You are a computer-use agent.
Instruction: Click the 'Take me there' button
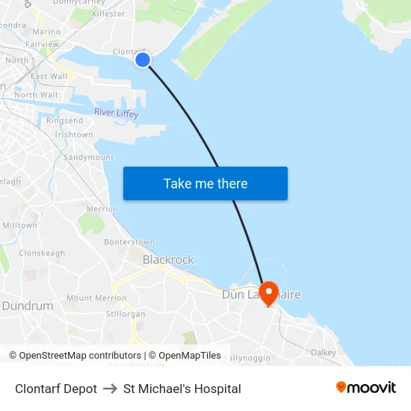[205, 183]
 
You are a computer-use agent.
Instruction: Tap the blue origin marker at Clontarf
[143, 60]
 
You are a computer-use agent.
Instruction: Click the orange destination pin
[268, 291]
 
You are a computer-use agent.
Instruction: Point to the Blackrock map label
[168, 259]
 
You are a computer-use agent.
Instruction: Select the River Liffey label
[116, 113]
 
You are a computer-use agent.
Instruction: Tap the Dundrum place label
[28, 306]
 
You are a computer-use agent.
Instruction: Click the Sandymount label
[88, 158]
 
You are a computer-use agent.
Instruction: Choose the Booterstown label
[129, 242]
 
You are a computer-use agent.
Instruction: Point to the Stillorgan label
[126, 314]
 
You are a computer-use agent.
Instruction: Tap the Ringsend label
[65, 120]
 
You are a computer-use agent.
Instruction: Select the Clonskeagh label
[42, 253]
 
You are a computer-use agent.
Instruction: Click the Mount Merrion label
[96, 298]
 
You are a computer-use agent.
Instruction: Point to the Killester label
[108, 13]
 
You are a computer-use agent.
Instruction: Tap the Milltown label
[20, 225]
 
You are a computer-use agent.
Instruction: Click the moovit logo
[365, 388]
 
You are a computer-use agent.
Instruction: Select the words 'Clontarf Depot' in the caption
[56, 389]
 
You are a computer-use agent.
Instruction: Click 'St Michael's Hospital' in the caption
[182, 389]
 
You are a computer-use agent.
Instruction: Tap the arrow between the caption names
[110, 389]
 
